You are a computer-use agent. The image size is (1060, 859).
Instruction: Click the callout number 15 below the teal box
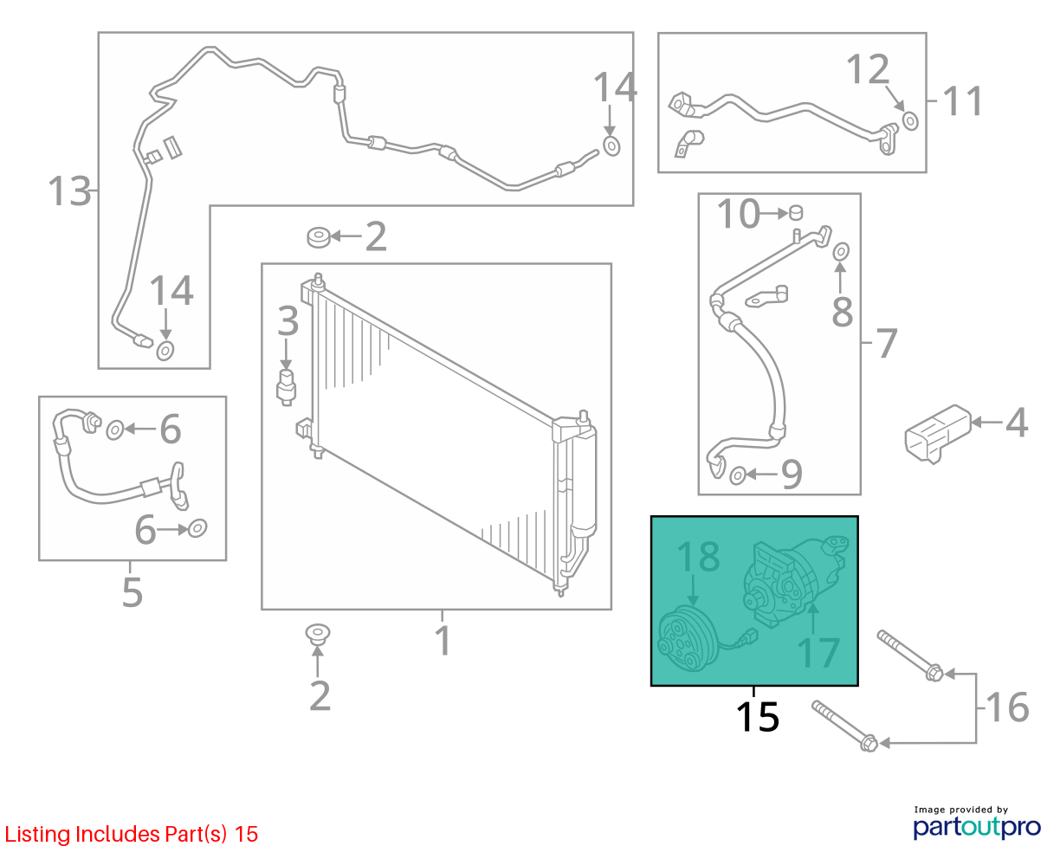[757, 717]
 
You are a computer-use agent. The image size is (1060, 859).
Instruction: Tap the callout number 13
[69, 191]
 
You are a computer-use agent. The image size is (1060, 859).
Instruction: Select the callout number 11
[962, 101]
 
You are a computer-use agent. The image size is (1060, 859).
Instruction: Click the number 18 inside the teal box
[698, 556]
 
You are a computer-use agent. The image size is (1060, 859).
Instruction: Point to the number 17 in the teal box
[818, 652]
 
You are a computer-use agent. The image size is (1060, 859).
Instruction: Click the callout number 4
[1016, 423]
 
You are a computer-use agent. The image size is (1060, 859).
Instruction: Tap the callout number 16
[1007, 707]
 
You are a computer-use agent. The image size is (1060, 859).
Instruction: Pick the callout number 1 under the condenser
[443, 641]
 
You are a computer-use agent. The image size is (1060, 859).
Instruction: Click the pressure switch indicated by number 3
[286, 388]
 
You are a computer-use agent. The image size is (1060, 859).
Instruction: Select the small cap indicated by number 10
[796, 212]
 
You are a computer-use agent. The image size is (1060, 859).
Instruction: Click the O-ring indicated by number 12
[910, 121]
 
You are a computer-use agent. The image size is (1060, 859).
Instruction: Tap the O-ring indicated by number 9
[738, 475]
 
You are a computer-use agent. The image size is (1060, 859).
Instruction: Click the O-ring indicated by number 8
[841, 251]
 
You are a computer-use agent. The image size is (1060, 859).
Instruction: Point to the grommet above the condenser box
[319, 237]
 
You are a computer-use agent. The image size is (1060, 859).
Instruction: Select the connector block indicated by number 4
[938, 434]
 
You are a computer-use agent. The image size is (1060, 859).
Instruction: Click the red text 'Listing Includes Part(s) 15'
[132, 834]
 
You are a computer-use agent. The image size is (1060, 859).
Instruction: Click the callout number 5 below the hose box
[132, 591]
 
